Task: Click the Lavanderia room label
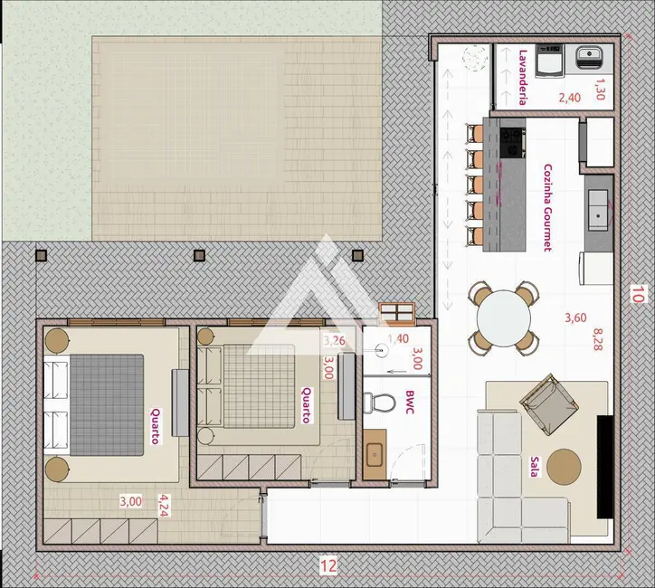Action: click(x=523, y=78)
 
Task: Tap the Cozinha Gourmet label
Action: click(x=548, y=205)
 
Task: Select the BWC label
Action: click(x=410, y=401)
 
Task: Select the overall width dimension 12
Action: click(x=327, y=567)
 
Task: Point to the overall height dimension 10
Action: click(x=638, y=294)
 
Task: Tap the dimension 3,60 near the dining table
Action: click(x=575, y=318)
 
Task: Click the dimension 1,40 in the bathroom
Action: click(x=398, y=339)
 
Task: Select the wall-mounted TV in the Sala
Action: click(x=604, y=465)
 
